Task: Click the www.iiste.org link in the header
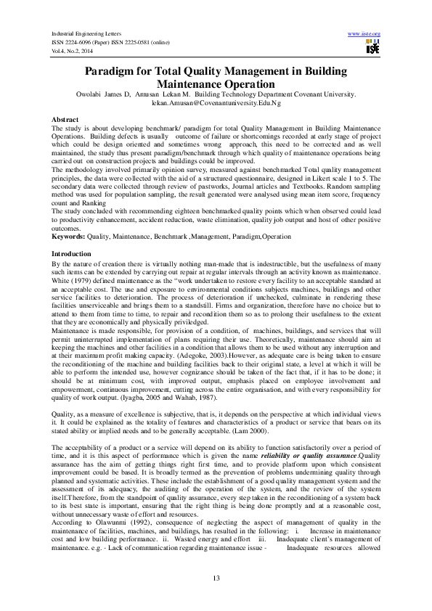click(364, 34)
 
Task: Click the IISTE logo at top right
click(372, 48)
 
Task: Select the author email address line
click(215, 104)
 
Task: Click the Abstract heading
click(65, 118)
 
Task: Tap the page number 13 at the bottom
click(216, 577)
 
